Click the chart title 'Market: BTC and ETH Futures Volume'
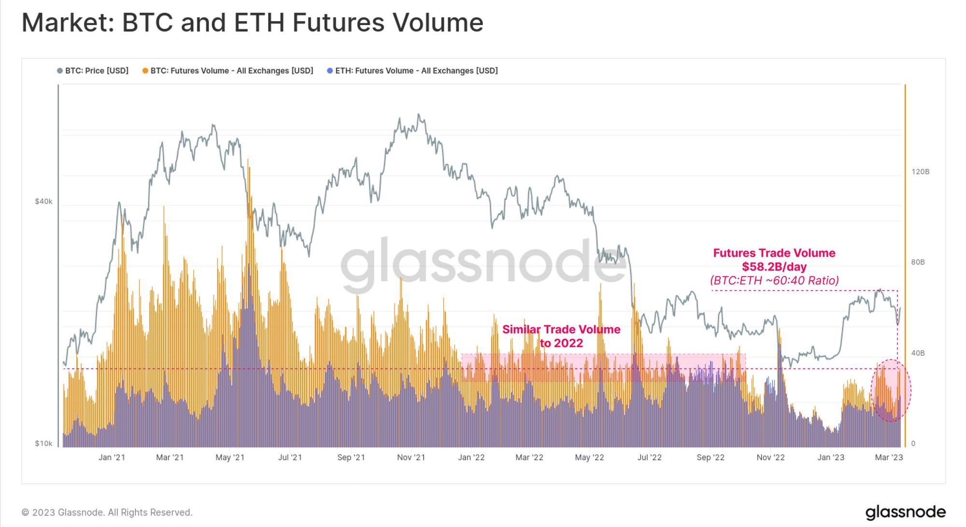point(252,23)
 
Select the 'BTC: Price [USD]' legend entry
point(93,71)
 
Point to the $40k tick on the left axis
point(43,201)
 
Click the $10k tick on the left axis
point(43,444)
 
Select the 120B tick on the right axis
point(920,172)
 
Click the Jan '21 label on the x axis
point(112,458)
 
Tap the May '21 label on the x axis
point(230,458)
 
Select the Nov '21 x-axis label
point(411,458)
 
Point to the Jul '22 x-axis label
point(649,458)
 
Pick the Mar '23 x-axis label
point(889,458)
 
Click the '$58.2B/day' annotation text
point(774,267)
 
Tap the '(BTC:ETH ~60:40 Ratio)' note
point(774,280)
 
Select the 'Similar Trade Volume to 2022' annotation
point(561,336)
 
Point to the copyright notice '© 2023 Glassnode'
point(107,513)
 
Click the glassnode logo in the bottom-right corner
point(905,512)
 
